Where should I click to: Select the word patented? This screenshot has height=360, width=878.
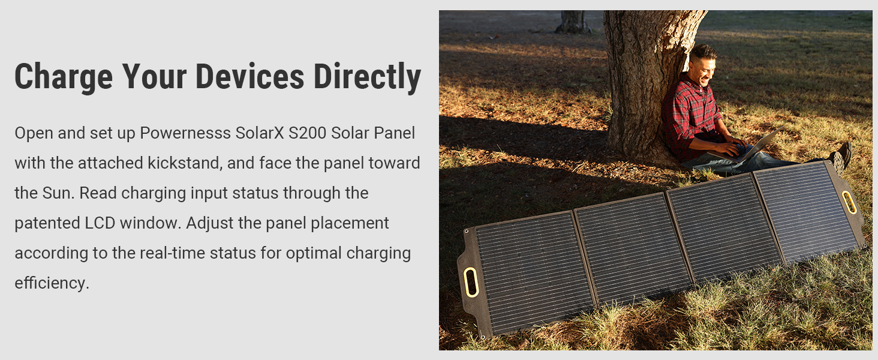coord(46,223)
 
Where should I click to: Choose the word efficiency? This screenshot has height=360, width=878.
coord(52,283)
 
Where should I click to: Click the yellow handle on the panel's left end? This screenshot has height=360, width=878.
coord(471,282)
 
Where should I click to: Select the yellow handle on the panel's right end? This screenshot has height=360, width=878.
coord(849,202)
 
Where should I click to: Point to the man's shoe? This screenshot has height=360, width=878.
coord(843,155)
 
